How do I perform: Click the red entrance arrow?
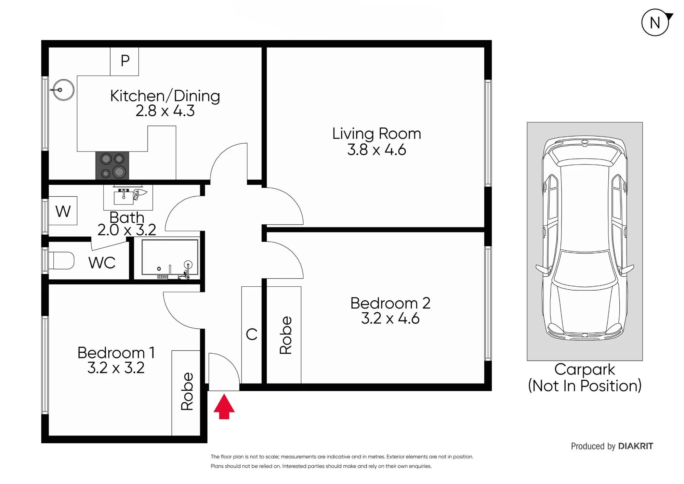tap(224, 406)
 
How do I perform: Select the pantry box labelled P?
tap(124, 61)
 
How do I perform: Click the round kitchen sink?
tap(64, 90)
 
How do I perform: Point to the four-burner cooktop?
tap(112, 165)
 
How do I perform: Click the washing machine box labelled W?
tap(63, 211)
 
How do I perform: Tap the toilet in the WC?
tap(62, 261)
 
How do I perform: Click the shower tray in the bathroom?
tap(170, 257)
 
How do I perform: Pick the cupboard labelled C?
tap(252, 335)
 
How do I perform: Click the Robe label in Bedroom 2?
tap(286, 335)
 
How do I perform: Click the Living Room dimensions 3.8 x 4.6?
tap(377, 150)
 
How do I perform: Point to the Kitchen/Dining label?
tap(165, 96)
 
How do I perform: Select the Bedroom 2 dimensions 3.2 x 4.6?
tap(390, 318)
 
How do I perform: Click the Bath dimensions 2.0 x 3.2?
tap(127, 230)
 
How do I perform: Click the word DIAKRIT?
tap(636, 446)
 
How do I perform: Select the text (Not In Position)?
tap(585, 386)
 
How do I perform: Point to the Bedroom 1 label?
tap(116, 353)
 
